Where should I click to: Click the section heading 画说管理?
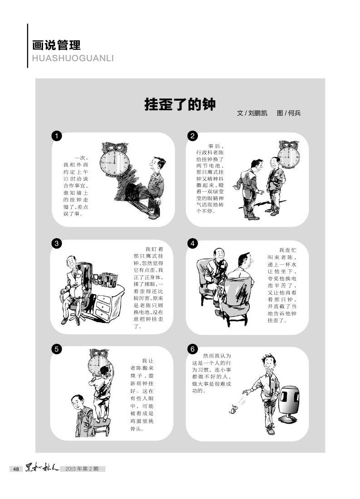56,45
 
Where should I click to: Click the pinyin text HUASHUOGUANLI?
73,59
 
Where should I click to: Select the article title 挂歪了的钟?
180,104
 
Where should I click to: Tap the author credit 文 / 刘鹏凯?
252,113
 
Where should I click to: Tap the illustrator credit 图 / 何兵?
289,113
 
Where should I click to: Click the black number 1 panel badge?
56,136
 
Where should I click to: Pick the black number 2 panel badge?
192,136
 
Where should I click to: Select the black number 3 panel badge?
56,244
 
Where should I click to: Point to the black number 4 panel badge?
192,244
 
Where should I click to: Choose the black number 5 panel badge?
56,349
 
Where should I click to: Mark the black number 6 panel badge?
192,349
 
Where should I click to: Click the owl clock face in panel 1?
114,163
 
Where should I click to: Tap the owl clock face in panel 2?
288,157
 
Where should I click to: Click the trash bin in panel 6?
289,404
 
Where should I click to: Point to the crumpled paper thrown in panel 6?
233,410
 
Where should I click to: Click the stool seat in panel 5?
101,422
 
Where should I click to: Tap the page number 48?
16,469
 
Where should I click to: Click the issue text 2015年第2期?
82,469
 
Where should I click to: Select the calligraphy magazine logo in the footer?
42,468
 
